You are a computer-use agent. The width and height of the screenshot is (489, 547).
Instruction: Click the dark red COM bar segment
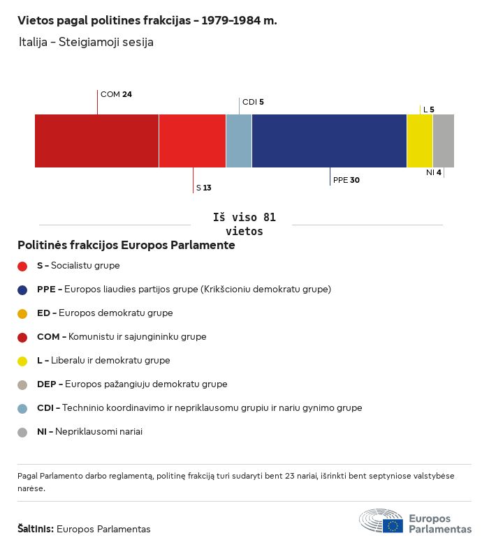(96, 141)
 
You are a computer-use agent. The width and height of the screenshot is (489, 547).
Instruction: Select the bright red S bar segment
(192, 141)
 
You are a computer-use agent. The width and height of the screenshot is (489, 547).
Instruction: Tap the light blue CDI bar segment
(239, 141)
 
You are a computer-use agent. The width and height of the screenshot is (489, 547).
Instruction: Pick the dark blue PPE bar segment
(329, 141)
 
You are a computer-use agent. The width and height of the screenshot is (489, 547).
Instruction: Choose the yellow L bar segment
(420, 141)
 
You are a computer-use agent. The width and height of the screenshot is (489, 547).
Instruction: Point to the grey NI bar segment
(444, 141)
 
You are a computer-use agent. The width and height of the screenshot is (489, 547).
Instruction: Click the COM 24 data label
(116, 94)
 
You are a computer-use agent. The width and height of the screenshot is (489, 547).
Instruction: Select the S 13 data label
(203, 188)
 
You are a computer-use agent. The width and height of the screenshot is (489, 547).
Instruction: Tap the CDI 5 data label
(253, 102)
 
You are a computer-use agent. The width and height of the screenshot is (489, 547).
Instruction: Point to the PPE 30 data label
(346, 180)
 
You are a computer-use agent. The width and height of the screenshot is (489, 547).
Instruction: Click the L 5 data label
(428, 110)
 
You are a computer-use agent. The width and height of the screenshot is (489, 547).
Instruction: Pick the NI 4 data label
(433, 172)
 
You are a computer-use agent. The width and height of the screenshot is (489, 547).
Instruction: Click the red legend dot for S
(22, 266)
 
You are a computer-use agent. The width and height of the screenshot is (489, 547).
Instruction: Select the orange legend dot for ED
(22, 313)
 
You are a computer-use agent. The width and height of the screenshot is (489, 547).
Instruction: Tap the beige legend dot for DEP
(22, 384)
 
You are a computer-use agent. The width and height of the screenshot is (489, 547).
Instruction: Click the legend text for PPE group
(184, 289)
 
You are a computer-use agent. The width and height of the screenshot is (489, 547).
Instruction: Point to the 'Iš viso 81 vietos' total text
(244, 224)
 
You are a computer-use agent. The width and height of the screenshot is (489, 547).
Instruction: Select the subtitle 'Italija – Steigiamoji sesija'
(87, 42)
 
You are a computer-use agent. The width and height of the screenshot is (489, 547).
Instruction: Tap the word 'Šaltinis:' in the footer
(35, 529)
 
